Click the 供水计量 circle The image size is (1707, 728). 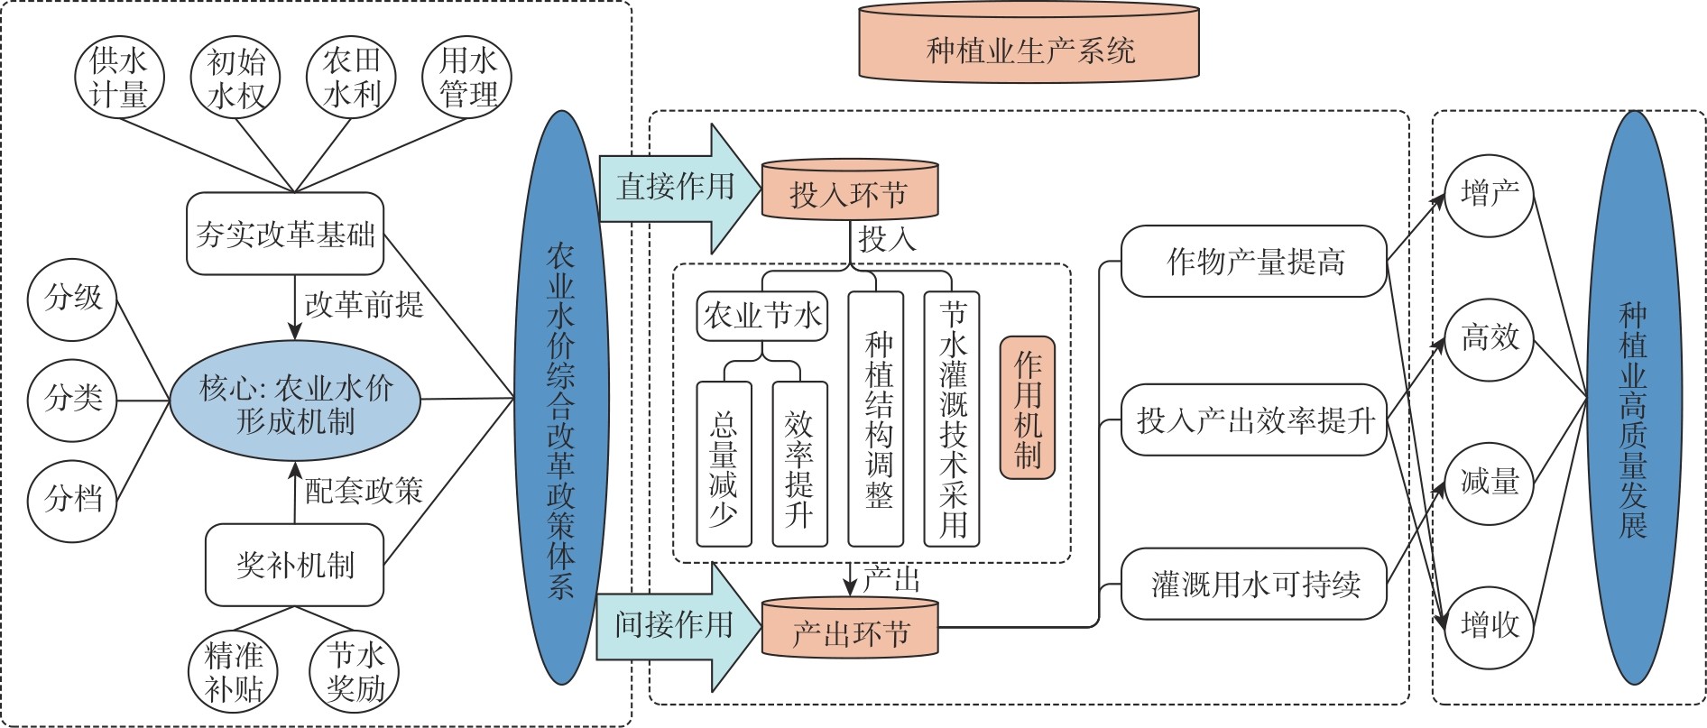(x=119, y=78)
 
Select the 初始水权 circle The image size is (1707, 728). (x=236, y=78)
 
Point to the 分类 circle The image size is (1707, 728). (x=74, y=398)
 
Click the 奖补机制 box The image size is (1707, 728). (x=294, y=566)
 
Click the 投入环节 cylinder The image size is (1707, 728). (x=850, y=192)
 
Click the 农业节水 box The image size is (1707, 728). (x=762, y=316)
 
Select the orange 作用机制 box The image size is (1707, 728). (x=1027, y=408)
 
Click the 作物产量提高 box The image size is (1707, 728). (x=1253, y=262)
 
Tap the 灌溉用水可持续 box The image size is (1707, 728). (x=1253, y=584)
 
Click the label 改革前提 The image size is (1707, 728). (x=364, y=304)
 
